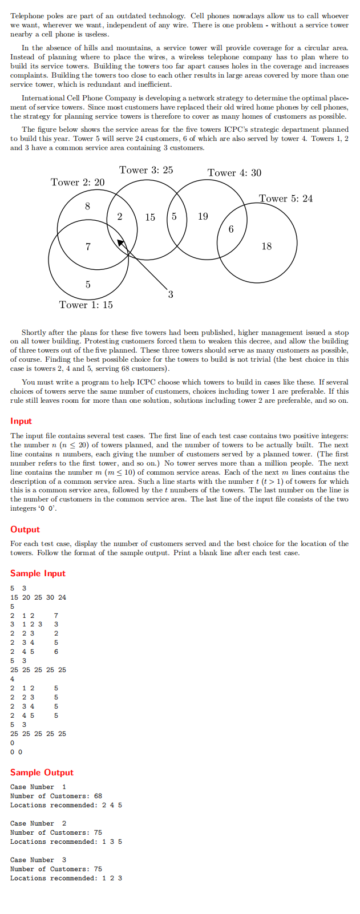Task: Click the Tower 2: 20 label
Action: pyautogui.click(x=78, y=182)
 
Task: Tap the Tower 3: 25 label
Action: pyautogui.click(x=146, y=170)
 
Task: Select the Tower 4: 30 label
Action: pyautogui.click(x=234, y=173)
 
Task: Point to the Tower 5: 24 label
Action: pyautogui.click(x=286, y=199)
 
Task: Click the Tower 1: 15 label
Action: pyautogui.click(x=86, y=305)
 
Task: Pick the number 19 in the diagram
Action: pyautogui.click(x=203, y=216)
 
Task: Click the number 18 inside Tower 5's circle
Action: pyautogui.click(x=266, y=246)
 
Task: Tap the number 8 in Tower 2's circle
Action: pyautogui.click(x=87, y=207)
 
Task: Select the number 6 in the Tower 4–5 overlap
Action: pyautogui.click(x=231, y=229)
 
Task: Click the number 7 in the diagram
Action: pyautogui.click(x=88, y=246)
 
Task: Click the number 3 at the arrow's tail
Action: pyautogui.click(x=171, y=294)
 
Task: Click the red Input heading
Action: pyautogui.click(x=21, y=420)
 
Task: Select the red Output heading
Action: pyautogui.click(x=25, y=529)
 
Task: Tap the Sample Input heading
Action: pyautogui.click(x=38, y=573)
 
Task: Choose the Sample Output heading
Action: pyautogui.click(x=42, y=773)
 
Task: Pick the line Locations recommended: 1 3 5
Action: pyautogui.click(x=66, y=842)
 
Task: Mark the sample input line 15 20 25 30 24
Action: pyautogui.click(x=38, y=597)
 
